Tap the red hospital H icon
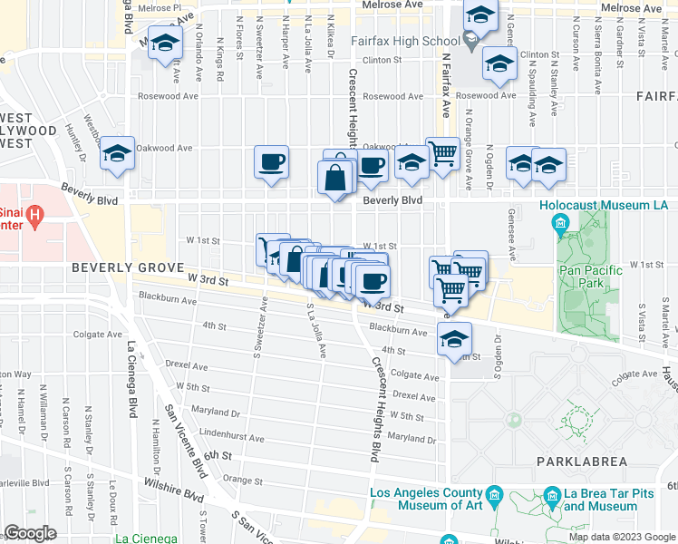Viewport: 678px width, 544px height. click(x=34, y=216)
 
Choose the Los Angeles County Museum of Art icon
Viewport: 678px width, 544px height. click(x=495, y=494)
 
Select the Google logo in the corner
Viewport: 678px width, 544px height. click(x=30, y=533)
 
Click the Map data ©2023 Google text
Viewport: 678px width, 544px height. click(x=620, y=537)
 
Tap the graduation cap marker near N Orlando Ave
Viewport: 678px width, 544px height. click(x=164, y=44)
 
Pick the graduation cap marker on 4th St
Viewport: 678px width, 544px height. click(x=454, y=339)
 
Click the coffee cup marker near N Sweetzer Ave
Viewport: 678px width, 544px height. click(x=271, y=163)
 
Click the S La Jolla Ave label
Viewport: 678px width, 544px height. click(x=316, y=331)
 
